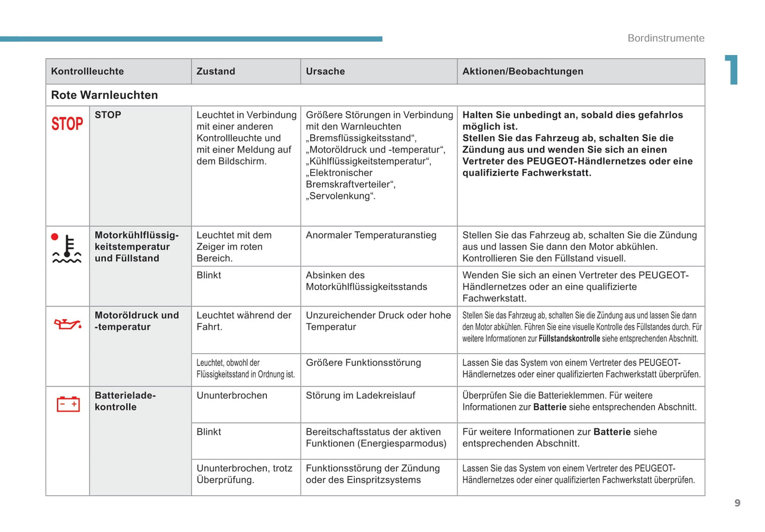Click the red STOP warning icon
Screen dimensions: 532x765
67,124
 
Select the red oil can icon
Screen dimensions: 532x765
68,323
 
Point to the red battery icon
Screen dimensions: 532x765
68,404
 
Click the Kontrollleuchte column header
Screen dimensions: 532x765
87,71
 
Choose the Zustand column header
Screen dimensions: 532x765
215,71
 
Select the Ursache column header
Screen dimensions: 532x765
325,71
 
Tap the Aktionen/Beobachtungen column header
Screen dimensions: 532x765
523,71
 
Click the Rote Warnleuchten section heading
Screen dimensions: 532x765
104,95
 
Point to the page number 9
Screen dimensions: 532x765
737,503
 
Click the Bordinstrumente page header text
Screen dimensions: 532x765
665,38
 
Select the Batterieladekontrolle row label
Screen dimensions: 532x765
125,401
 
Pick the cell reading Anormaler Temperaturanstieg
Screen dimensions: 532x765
371,235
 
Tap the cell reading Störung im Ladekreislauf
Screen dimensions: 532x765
361,395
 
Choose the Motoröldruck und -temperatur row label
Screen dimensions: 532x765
137,321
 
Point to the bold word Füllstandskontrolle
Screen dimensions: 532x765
569,339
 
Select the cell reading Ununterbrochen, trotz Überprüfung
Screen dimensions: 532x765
244,474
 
